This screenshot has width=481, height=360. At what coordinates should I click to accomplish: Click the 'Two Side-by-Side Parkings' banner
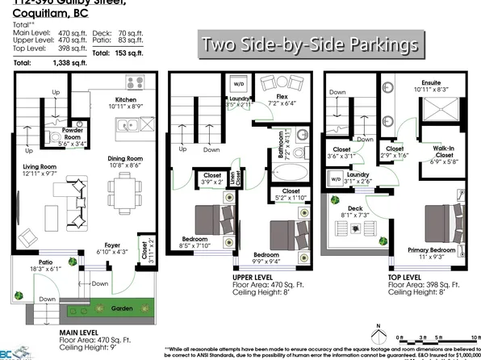(x=310, y=43)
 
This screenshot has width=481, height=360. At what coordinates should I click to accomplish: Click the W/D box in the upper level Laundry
(x=240, y=83)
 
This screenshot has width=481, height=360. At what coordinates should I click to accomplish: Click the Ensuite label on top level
(x=433, y=82)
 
